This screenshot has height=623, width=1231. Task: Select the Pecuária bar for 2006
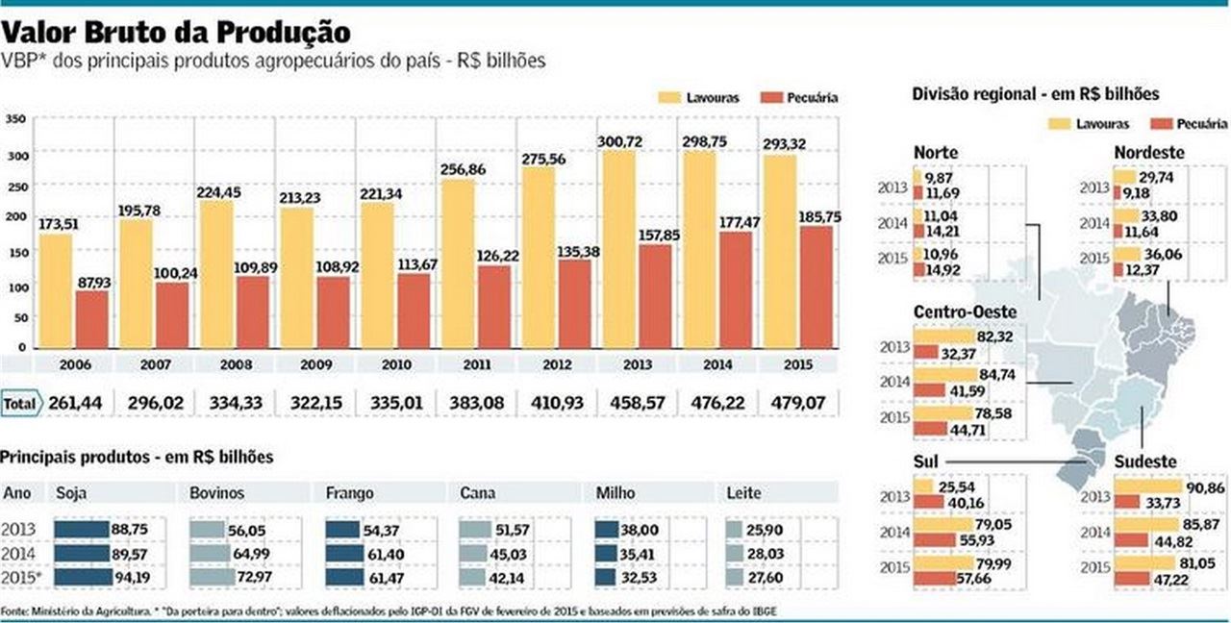coord(92,318)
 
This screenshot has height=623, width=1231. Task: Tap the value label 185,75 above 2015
coord(820,217)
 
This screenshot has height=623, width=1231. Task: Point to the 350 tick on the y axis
coord(15,119)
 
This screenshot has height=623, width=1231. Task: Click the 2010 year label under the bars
coord(395,366)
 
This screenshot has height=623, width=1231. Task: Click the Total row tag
coord(20,403)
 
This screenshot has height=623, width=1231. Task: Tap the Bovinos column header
coord(217,493)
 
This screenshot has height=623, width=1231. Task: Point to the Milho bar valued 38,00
coord(606,531)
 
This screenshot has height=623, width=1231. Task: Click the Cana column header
coord(477,493)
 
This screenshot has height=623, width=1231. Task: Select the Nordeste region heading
coord(1149,153)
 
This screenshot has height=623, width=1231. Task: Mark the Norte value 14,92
coord(943,269)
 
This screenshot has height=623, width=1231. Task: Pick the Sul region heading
coord(925,462)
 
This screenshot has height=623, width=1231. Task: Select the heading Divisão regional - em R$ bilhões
coord(1035,94)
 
